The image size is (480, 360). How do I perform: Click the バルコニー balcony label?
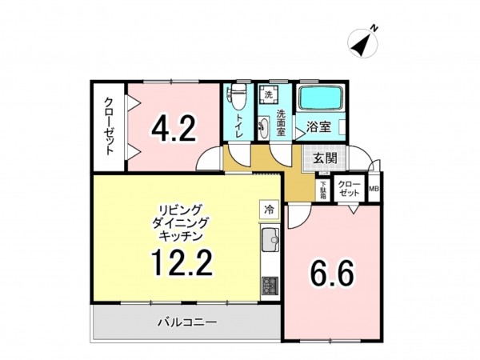coord(186,322)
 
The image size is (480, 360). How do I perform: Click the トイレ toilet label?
coord(238,126)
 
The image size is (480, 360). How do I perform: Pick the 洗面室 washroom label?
coord(281,124)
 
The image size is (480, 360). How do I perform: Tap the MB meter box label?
coord(374,190)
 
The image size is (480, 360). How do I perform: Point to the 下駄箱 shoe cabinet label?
coord(323,190)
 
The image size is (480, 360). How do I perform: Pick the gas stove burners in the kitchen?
coord(269,285)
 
